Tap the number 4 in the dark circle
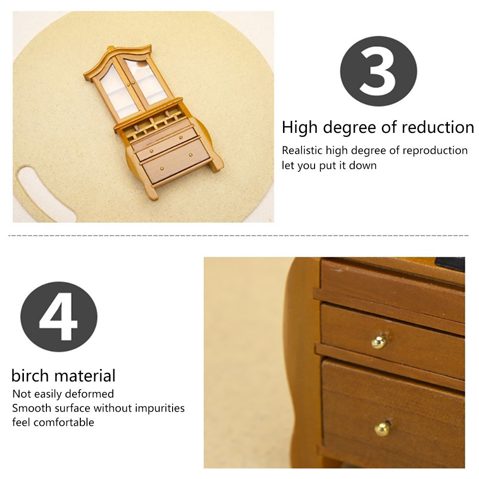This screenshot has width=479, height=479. pyautogui.click(x=58, y=316)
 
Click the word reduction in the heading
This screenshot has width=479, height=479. pyautogui.click(x=438, y=127)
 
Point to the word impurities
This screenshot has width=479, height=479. pyautogui.click(x=160, y=408)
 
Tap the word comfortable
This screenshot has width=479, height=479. pyautogui.click(x=64, y=422)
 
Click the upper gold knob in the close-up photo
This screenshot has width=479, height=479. pyautogui.click(x=379, y=341)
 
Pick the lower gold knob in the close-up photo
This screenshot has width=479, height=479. pyautogui.click(x=382, y=429)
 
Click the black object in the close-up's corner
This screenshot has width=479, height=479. pyautogui.click(x=450, y=263)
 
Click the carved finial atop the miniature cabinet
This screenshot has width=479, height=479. pyautogui.click(x=110, y=48)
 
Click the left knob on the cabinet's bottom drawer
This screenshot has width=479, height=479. pyautogui.click(x=162, y=168)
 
